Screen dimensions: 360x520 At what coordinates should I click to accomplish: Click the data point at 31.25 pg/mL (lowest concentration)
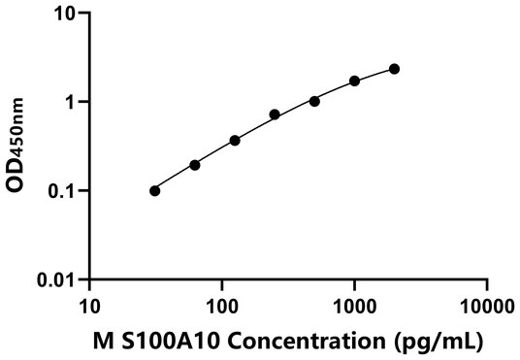pos(155,191)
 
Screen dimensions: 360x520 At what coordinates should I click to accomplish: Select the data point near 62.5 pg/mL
pos(195,165)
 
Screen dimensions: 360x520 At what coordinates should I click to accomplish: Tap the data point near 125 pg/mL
pos(235,141)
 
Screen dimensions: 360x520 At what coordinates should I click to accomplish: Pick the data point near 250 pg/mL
pos(275,115)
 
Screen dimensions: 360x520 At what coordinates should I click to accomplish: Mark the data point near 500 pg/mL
pos(314,101)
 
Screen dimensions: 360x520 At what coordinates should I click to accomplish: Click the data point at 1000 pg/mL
pos(355,81)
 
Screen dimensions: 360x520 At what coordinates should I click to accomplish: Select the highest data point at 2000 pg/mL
pos(394,69)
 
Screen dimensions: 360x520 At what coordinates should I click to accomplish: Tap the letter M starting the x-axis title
pos(100,341)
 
